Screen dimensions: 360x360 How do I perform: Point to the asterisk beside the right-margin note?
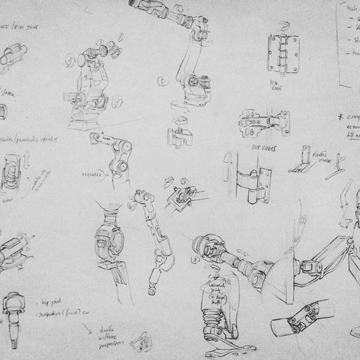click(340, 117)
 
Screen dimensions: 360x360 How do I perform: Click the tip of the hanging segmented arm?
click(153, 289)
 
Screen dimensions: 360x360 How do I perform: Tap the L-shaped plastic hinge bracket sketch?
click(301, 163)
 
